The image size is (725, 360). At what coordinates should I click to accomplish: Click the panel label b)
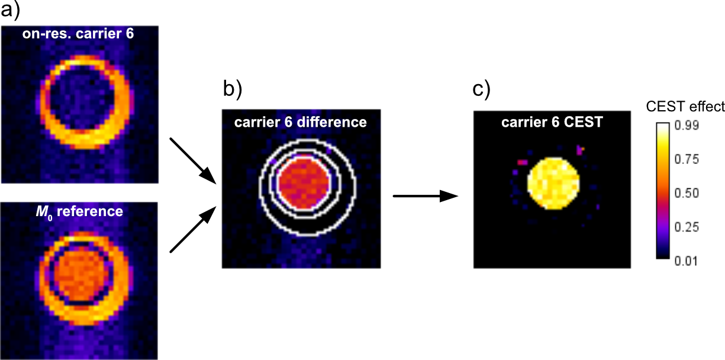(232, 89)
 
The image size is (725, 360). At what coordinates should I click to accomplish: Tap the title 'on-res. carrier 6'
(83, 34)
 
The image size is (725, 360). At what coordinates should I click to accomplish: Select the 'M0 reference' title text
(83, 211)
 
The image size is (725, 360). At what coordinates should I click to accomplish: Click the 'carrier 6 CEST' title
(553, 123)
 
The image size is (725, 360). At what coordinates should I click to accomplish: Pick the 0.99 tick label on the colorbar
(690, 126)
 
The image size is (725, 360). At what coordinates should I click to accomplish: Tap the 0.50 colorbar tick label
(690, 192)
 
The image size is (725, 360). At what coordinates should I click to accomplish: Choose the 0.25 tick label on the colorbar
(690, 226)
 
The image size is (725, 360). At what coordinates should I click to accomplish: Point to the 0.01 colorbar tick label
(690, 260)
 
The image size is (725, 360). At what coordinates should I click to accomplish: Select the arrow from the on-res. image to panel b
(192, 160)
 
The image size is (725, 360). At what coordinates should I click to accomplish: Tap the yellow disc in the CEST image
(553, 184)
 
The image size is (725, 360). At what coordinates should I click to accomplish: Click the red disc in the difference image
(303, 182)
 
